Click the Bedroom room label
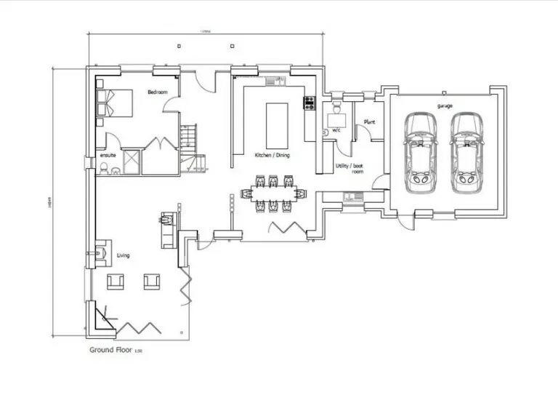click(x=158, y=92)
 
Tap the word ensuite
click(x=108, y=155)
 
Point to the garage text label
click(x=445, y=106)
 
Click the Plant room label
click(x=368, y=122)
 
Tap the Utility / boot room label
click(x=348, y=169)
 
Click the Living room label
click(x=123, y=255)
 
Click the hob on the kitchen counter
click(x=309, y=103)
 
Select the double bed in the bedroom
click(x=115, y=103)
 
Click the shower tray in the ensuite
click(x=132, y=161)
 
